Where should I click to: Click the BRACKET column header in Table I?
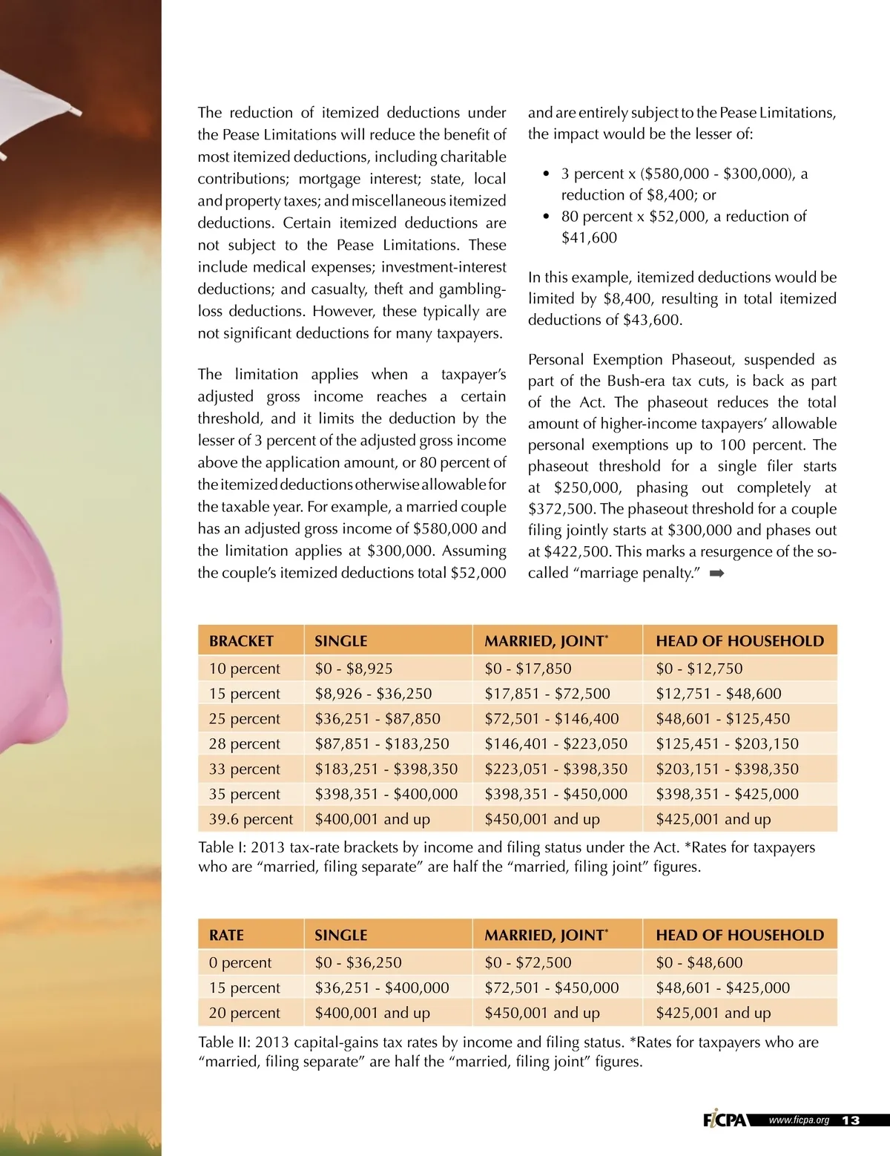click(241, 641)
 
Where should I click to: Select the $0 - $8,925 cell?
click(354, 669)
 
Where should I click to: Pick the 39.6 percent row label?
click(251, 819)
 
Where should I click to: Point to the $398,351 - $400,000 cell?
click(386, 794)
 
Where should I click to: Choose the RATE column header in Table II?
click(226, 936)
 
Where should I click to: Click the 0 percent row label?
click(240, 963)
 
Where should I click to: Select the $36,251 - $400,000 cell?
click(381, 988)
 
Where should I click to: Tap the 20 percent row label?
click(244, 1013)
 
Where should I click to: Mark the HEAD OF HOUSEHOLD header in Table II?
click(739, 936)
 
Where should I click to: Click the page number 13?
click(851, 1120)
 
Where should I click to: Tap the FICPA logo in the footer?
click(725, 1120)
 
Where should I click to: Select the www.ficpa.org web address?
click(799, 1120)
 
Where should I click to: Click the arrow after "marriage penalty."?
click(716, 574)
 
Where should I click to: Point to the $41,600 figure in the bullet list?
click(589, 238)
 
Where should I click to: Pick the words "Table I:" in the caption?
click(224, 847)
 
